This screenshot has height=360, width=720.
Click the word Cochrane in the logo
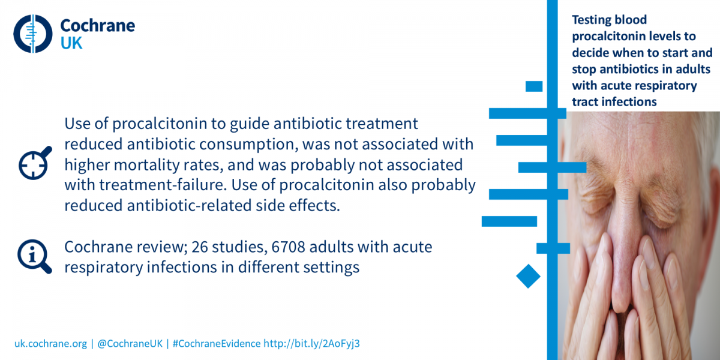click(98, 26)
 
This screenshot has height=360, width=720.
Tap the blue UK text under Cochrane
click(71, 43)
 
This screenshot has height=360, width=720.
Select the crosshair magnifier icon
click(35, 163)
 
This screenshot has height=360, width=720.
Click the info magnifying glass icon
click(34, 257)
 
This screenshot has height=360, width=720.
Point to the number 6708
click(288, 247)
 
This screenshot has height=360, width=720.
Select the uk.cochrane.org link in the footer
click(50, 344)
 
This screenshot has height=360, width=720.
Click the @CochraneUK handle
click(130, 344)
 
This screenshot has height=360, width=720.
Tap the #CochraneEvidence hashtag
click(217, 344)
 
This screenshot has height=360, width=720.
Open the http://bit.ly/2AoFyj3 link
click(311, 344)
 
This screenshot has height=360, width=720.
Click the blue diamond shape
click(528, 276)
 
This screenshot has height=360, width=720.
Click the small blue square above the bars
click(534, 86)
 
